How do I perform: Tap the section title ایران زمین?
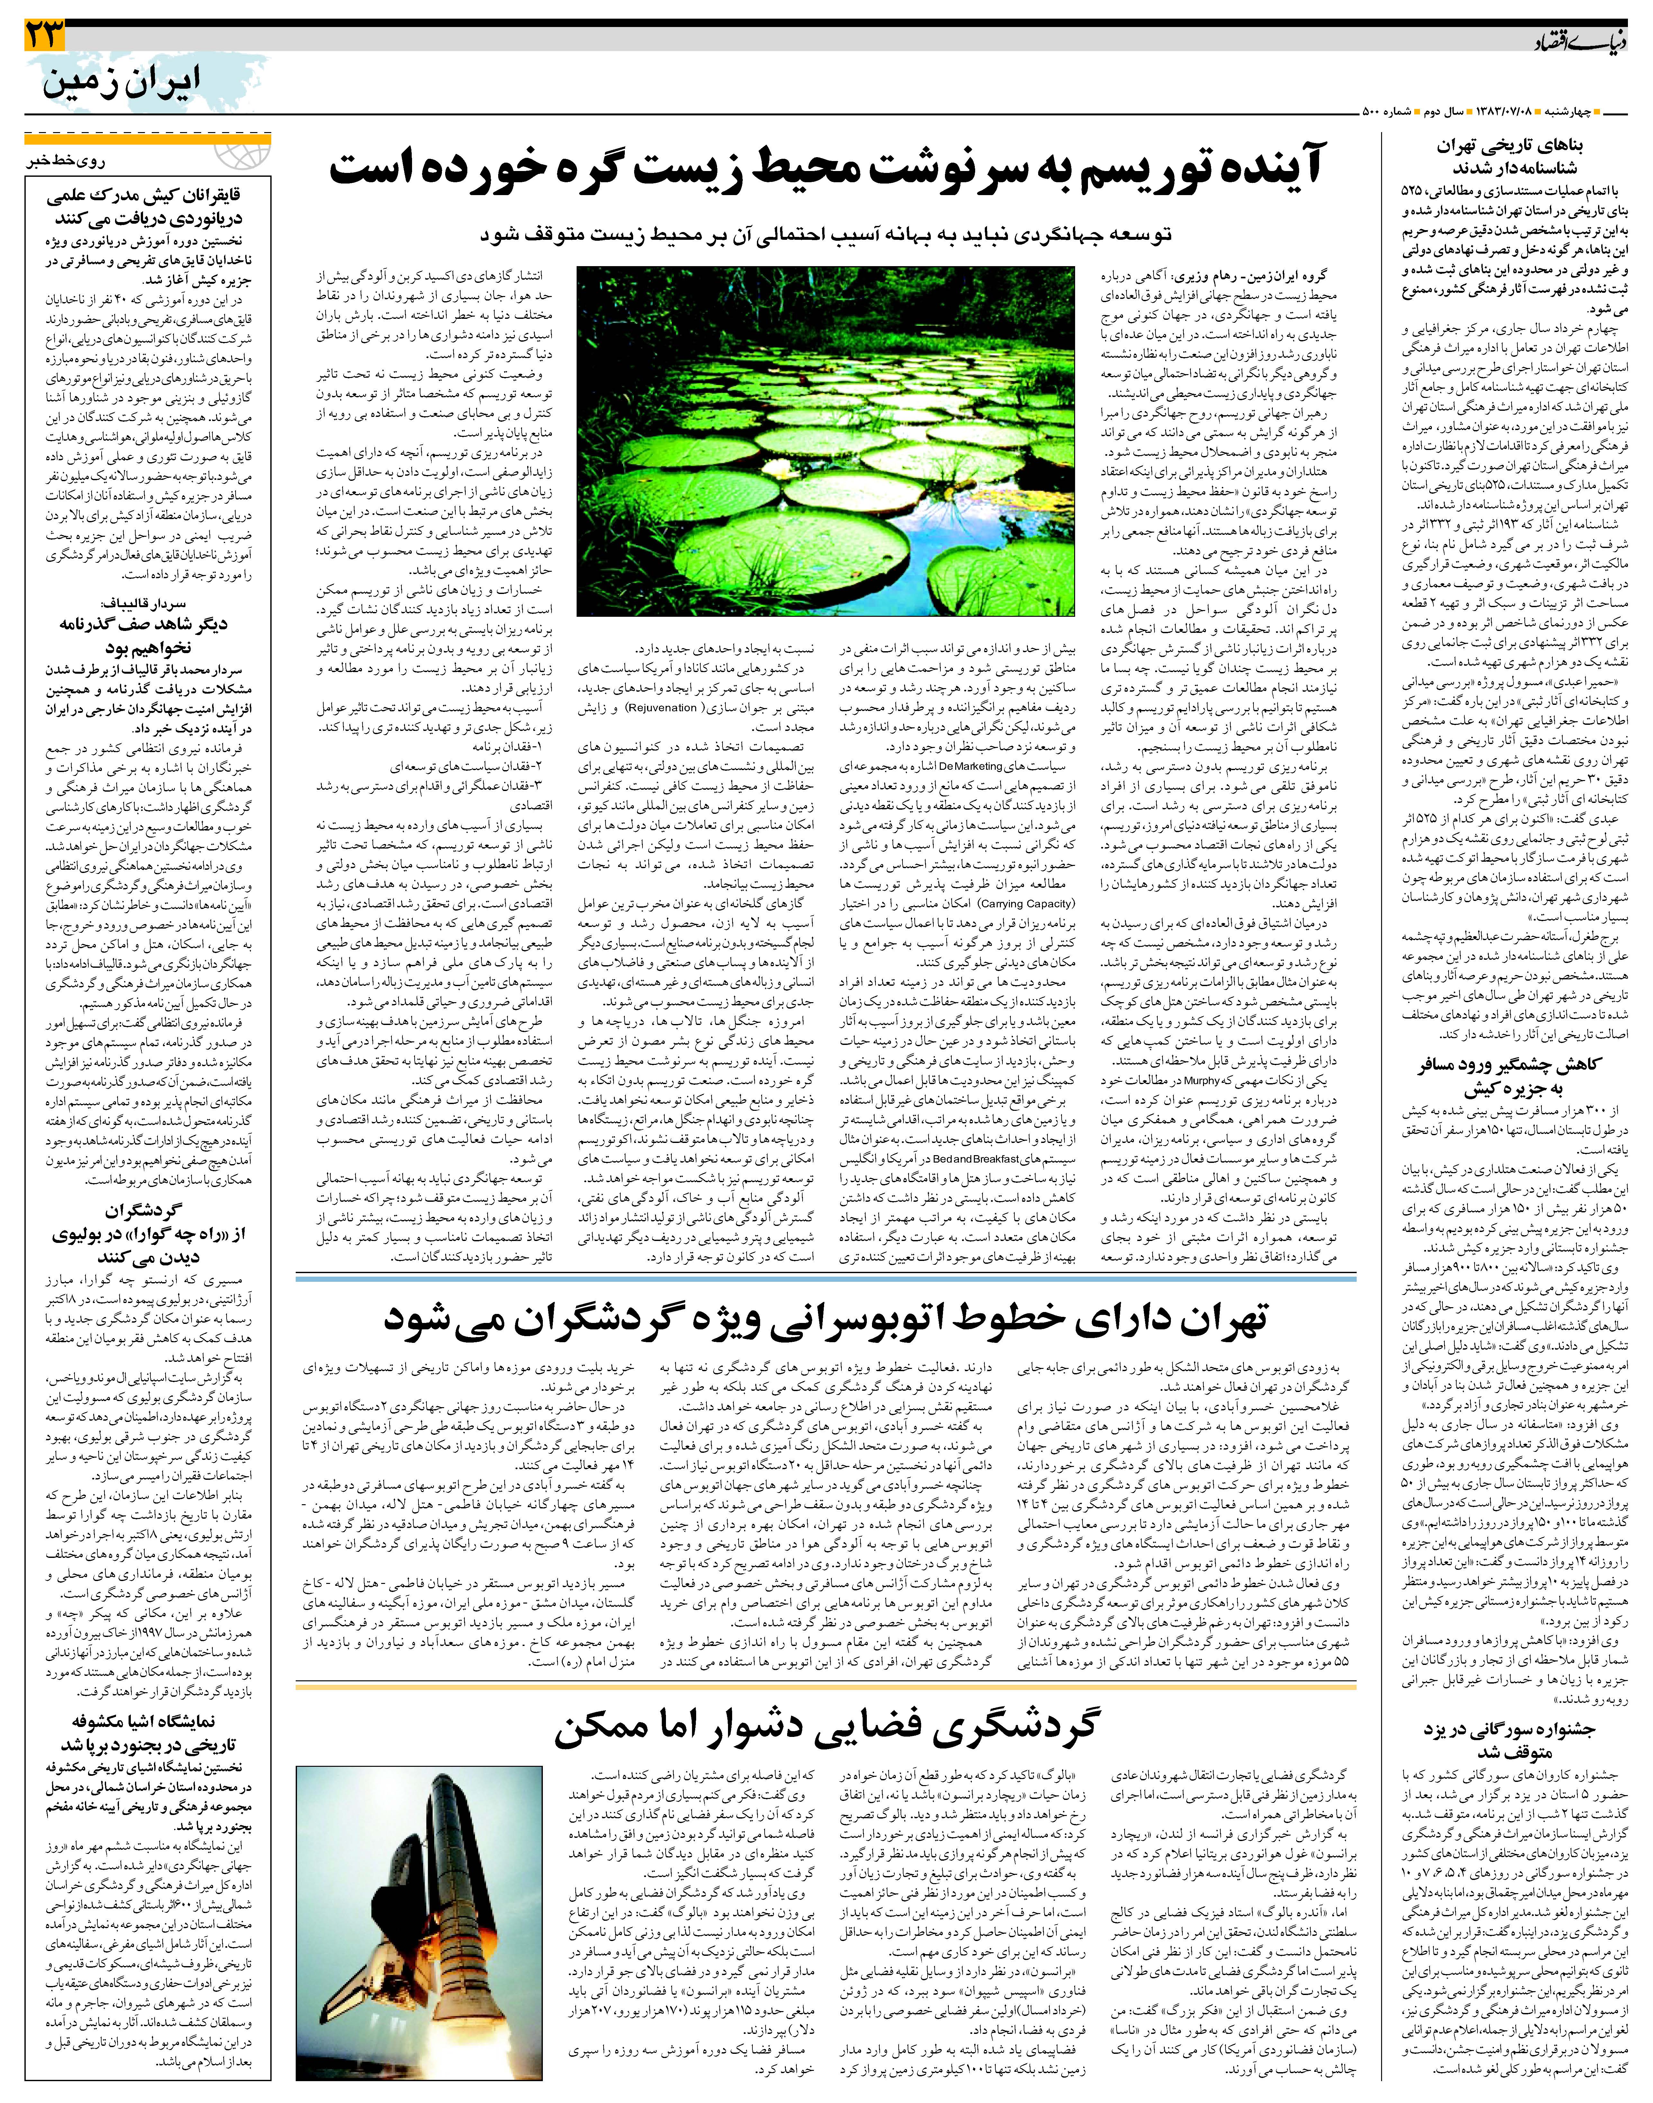pyautogui.click(x=121, y=82)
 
